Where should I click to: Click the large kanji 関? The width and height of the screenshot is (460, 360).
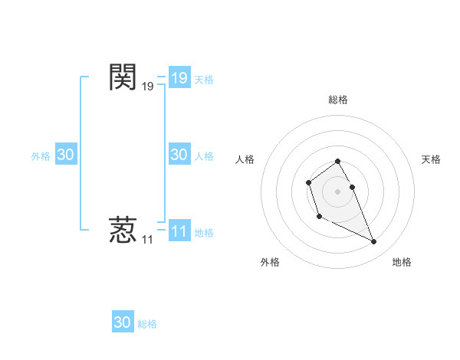[x=123, y=77]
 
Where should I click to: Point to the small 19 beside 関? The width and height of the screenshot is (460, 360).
[x=147, y=87]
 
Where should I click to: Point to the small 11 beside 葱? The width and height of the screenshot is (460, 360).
[x=147, y=240]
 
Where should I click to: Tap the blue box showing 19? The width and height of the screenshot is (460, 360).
[x=179, y=78]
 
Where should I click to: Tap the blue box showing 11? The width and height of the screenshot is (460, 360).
[x=179, y=231]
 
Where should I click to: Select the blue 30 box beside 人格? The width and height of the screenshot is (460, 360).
[x=179, y=155]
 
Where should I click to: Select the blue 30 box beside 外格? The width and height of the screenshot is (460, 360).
[x=66, y=155]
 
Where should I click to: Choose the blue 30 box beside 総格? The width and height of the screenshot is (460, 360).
[x=123, y=322]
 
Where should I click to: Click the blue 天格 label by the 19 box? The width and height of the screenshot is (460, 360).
[x=204, y=79]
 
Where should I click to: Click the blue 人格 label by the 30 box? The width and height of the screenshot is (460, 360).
[x=204, y=156]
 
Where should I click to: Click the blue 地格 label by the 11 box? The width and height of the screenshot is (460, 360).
[x=204, y=233]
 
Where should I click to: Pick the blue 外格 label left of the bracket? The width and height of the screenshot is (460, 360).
[x=41, y=156]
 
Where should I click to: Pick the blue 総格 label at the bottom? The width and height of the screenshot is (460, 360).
[x=147, y=324]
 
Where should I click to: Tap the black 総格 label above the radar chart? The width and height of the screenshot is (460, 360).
[x=338, y=100]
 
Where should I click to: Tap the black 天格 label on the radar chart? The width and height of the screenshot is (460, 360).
[x=432, y=159]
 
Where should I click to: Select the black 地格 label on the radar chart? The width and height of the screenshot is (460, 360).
[x=402, y=262]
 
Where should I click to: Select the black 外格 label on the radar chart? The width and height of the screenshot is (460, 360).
[x=270, y=262]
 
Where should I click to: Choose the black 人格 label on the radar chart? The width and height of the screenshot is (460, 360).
[x=245, y=159]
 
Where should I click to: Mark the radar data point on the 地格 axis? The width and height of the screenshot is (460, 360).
[x=374, y=242]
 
